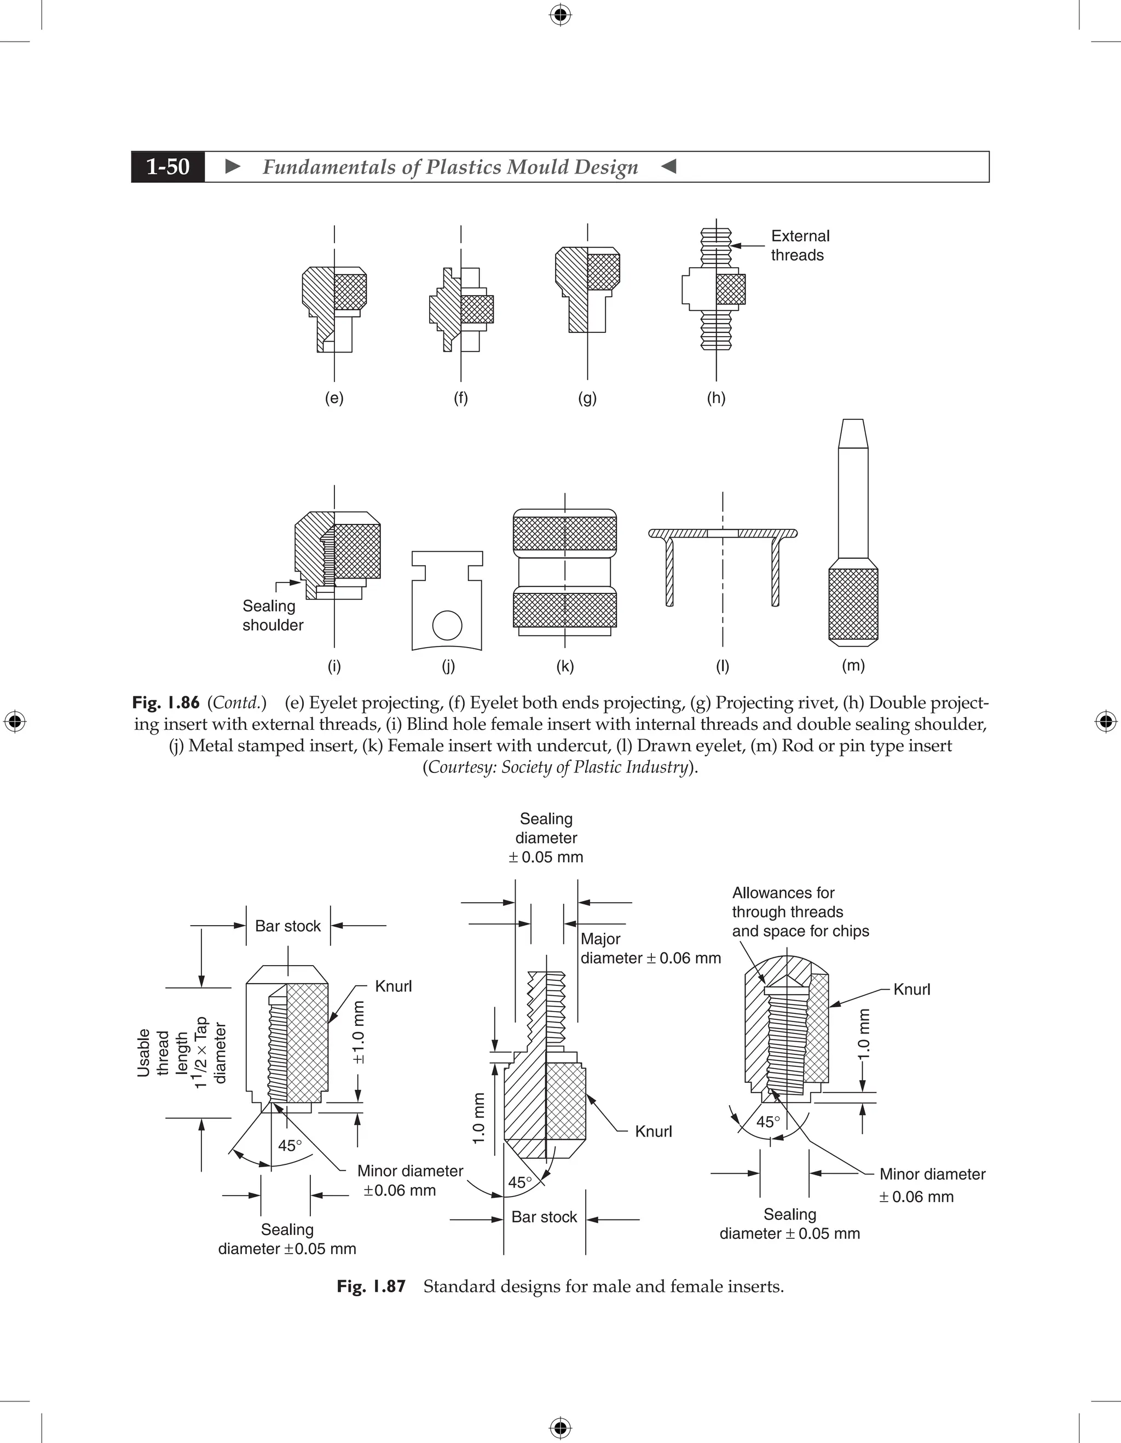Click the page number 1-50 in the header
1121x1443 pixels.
(168, 166)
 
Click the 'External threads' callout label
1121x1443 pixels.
(799, 246)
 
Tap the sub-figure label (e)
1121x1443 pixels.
(334, 398)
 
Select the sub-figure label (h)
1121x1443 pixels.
(716, 398)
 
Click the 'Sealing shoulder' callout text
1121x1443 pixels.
(272, 615)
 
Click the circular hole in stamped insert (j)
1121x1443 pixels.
(447, 625)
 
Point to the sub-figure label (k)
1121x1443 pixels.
(565, 666)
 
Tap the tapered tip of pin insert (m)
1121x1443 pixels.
(853, 434)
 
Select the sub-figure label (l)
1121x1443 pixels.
(723, 666)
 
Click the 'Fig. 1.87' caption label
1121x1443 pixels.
(371, 1286)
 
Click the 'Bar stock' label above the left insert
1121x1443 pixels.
(287, 926)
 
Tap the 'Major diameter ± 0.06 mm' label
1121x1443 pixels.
(650, 948)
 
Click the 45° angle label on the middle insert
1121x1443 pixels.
(520, 1182)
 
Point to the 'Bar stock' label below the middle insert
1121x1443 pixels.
(544, 1217)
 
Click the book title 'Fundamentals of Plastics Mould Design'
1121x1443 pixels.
(450, 167)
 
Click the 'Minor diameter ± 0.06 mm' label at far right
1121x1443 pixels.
(932, 1185)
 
